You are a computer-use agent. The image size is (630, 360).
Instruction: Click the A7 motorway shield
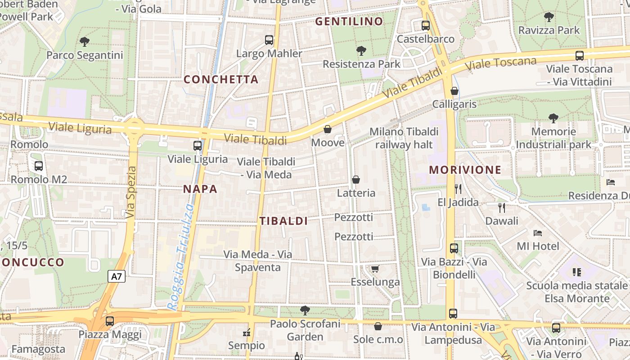tap(117, 276)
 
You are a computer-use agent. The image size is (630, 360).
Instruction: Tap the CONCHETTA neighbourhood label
tap(221, 80)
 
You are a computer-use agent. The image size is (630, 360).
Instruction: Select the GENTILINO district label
tap(349, 21)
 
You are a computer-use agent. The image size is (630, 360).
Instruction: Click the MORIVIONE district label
tap(465, 170)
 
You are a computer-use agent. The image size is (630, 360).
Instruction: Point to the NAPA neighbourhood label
tap(200, 189)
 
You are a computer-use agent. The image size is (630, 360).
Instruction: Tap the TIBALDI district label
tap(283, 221)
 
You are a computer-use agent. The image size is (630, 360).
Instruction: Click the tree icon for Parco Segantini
tap(84, 42)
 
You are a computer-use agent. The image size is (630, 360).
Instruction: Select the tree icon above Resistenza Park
tap(361, 50)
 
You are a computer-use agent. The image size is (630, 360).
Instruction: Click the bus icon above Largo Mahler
tap(269, 40)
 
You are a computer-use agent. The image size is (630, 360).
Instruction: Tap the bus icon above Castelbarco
tap(426, 26)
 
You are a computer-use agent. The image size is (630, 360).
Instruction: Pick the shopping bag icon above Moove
tap(328, 130)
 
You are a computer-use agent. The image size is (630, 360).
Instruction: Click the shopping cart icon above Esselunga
tap(375, 269)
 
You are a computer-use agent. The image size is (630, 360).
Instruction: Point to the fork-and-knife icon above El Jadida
tap(458, 189)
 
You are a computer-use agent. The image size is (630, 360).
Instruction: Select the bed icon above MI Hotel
tap(537, 233)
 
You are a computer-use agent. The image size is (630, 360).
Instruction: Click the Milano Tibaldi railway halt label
tap(404, 138)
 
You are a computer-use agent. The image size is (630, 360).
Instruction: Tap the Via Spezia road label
tap(130, 193)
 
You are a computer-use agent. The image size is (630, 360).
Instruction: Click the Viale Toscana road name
tap(501, 64)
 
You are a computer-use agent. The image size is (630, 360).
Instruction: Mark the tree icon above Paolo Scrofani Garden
tap(305, 310)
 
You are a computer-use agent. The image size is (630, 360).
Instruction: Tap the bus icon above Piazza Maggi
tap(110, 321)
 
